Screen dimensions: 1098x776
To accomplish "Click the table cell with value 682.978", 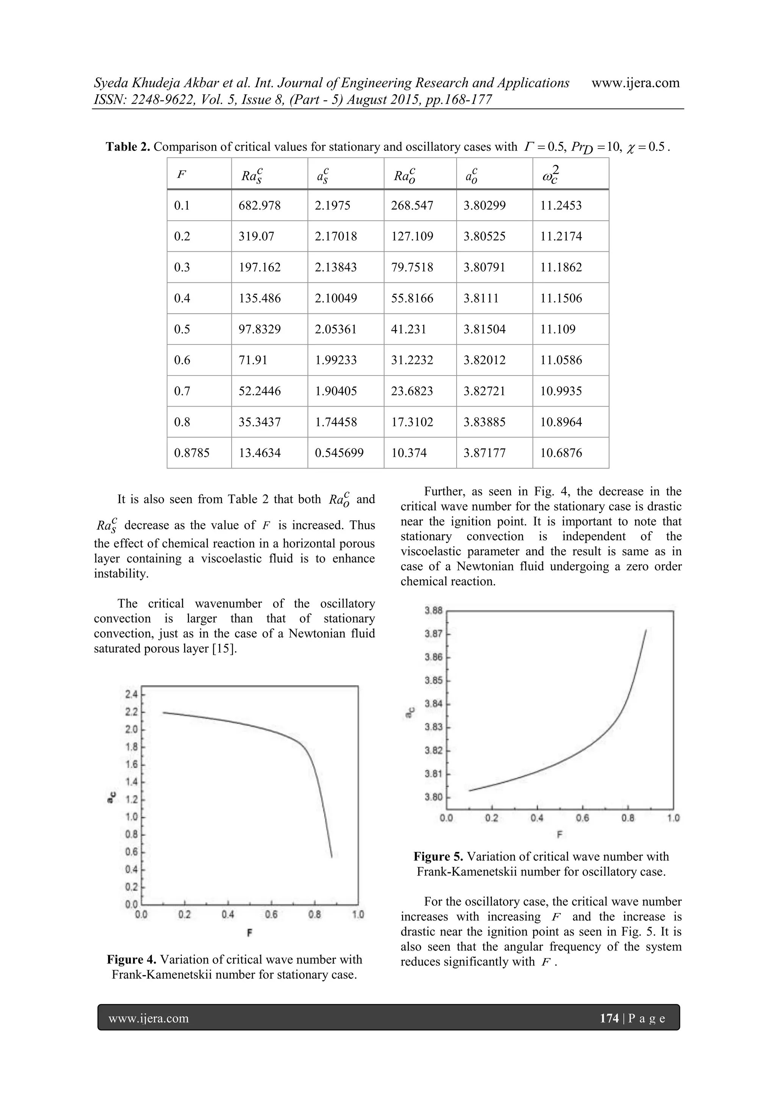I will [260, 206].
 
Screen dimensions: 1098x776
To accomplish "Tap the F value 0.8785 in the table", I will [192, 453].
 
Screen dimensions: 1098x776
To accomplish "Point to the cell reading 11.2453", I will [561, 206].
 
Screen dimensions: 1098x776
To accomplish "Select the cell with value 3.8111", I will [480, 298].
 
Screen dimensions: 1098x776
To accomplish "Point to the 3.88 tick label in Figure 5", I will [433, 611].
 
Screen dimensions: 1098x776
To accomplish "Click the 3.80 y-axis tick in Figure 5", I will [433, 797].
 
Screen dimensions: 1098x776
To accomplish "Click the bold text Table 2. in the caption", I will [128, 147].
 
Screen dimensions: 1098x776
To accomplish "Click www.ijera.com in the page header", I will [635, 83].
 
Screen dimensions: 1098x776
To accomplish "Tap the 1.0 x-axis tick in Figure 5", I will [673, 818].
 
